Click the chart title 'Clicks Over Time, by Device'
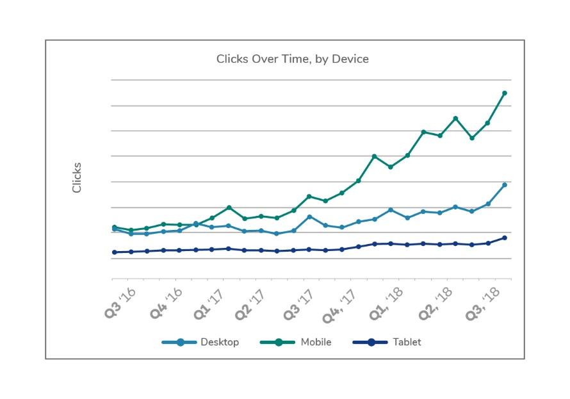point(292,59)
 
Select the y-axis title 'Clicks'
point(77,177)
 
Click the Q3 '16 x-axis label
point(120,303)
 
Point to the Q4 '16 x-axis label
point(166,303)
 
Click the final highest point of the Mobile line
point(505,93)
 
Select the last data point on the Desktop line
point(505,185)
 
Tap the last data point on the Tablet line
point(505,238)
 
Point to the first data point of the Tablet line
point(114,252)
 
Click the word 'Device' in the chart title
point(350,59)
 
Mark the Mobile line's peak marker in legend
point(279,342)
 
